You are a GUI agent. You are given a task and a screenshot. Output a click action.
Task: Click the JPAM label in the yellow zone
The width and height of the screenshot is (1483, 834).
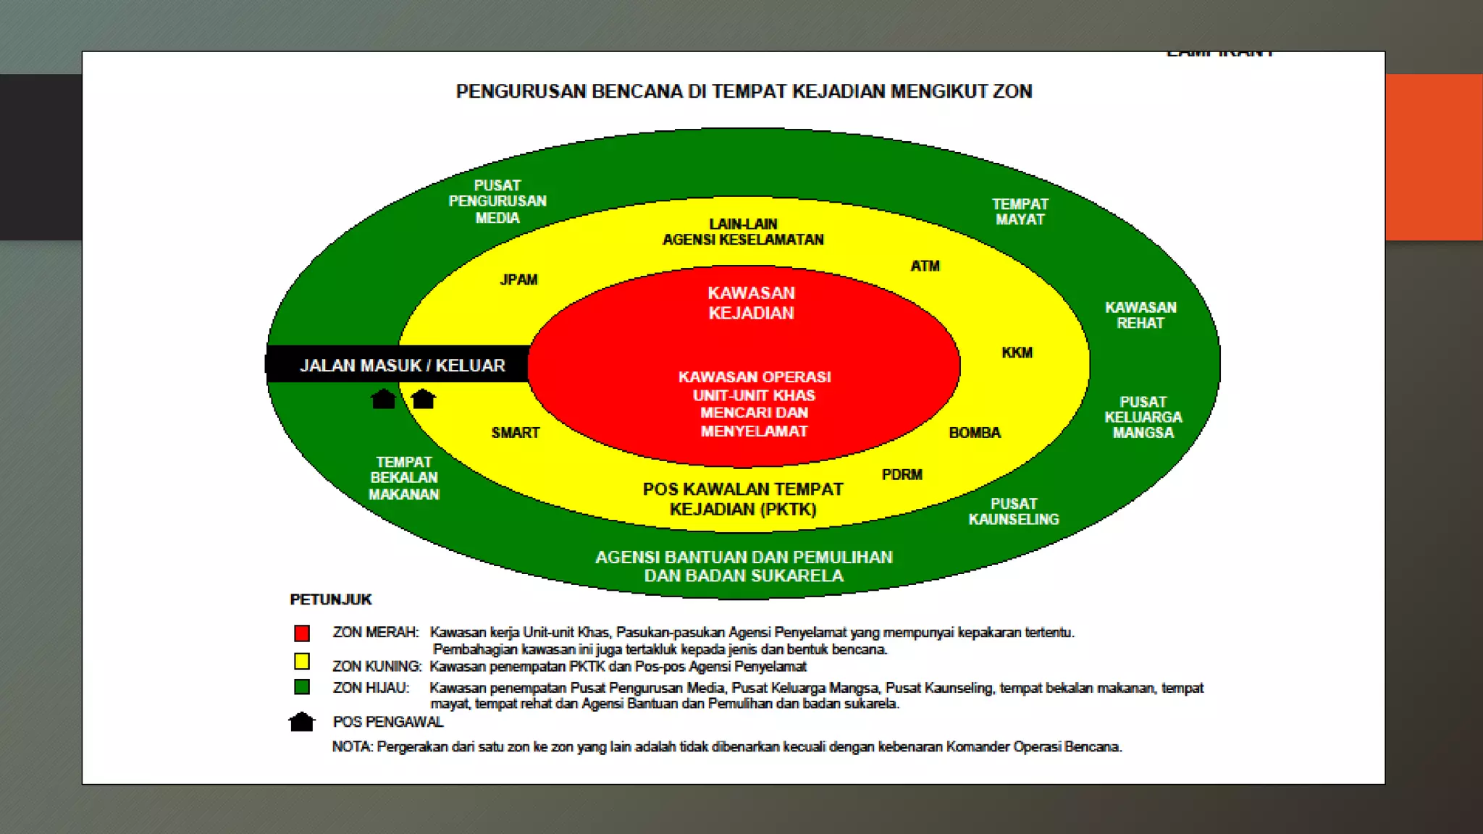[x=518, y=279]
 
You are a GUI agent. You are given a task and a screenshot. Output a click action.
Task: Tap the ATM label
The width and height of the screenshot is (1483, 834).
[x=925, y=266]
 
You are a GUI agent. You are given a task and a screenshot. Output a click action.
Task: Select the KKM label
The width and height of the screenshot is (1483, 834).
[x=1017, y=353]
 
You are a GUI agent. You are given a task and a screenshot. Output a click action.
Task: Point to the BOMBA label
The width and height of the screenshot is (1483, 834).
[x=975, y=433]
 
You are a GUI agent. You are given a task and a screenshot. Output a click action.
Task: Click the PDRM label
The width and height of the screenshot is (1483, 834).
[x=902, y=475]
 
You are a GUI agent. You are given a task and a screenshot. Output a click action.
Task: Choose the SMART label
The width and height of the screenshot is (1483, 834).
[x=516, y=433]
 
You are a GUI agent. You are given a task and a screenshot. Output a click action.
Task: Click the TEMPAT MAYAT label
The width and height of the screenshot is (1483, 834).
[x=1020, y=212]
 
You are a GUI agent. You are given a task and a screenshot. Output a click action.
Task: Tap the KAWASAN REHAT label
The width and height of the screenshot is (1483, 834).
[x=1140, y=316]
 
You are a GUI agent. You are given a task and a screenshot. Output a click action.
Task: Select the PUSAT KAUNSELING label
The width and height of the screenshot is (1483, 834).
[x=1014, y=512]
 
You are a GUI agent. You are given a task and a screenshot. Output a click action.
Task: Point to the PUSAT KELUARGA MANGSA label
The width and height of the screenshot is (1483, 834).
[x=1143, y=417]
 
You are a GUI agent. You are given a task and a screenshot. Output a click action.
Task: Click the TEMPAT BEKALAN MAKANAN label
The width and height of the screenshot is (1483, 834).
[x=404, y=478]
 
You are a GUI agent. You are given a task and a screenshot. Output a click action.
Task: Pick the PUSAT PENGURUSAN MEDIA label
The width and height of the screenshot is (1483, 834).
[x=497, y=201]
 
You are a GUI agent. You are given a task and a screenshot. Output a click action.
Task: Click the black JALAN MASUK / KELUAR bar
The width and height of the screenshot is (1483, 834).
[x=402, y=365]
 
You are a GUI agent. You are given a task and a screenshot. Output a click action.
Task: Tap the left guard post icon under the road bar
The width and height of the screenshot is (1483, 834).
[x=383, y=399]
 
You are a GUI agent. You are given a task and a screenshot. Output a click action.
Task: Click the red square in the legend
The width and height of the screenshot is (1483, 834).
[x=302, y=633]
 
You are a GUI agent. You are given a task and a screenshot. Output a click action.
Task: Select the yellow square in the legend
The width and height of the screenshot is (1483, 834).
[x=302, y=661]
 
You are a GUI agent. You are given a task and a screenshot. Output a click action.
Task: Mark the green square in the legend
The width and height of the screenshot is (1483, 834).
[x=302, y=687]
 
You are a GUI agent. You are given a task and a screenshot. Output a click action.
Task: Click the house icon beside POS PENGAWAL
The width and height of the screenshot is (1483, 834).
[x=301, y=722]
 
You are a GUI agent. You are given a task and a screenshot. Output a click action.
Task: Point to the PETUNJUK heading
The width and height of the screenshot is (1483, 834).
[x=330, y=599]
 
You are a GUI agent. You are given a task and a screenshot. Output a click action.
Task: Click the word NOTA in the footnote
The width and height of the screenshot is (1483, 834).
[x=351, y=746]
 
